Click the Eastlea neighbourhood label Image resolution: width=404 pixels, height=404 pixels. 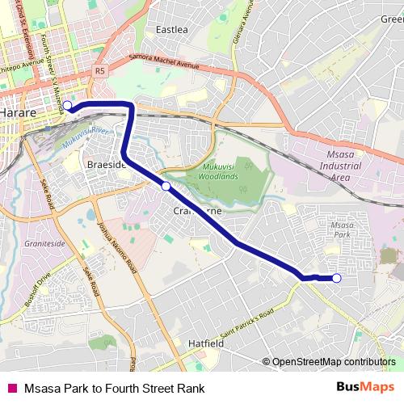pos(171,30)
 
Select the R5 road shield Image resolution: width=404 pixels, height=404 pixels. pos(99,71)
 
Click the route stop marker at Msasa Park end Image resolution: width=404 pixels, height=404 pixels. pos(337,279)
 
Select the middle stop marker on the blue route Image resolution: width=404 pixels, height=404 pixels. pos(166,187)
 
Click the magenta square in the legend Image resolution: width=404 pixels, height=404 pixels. pos(11,388)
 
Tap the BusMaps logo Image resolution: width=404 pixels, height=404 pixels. pos(365,387)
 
